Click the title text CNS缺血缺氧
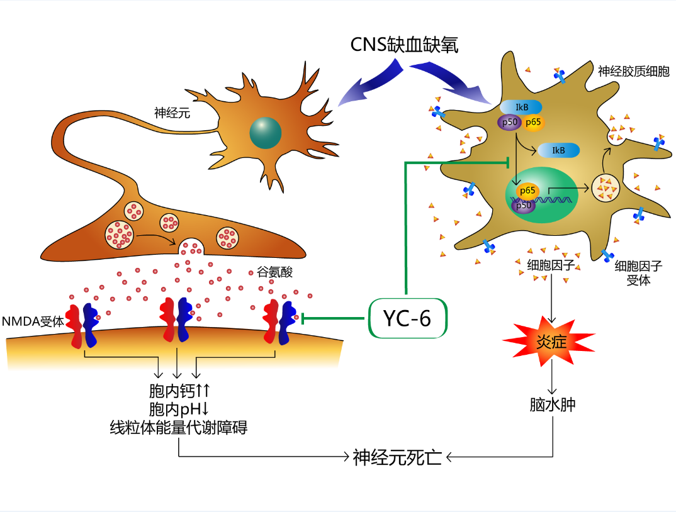pyautogui.click(x=405, y=45)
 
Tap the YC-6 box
pyautogui.click(x=407, y=319)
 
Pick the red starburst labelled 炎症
pyautogui.click(x=548, y=342)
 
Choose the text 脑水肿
pyautogui.click(x=552, y=404)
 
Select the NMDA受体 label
pyautogui.click(x=33, y=321)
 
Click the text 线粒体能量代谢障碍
pyautogui.click(x=179, y=428)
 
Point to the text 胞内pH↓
pyautogui.click(x=179, y=409)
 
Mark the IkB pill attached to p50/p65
pyautogui.click(x=521, y=108)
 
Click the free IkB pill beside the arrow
pyautogui.click(x=558, y=150)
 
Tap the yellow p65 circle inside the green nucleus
pyautogui.click(x=527, y=190)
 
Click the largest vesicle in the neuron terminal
pyautogui.click(x=118, y=234)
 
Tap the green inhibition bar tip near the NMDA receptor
pyautogui.click(x=305, y=319)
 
